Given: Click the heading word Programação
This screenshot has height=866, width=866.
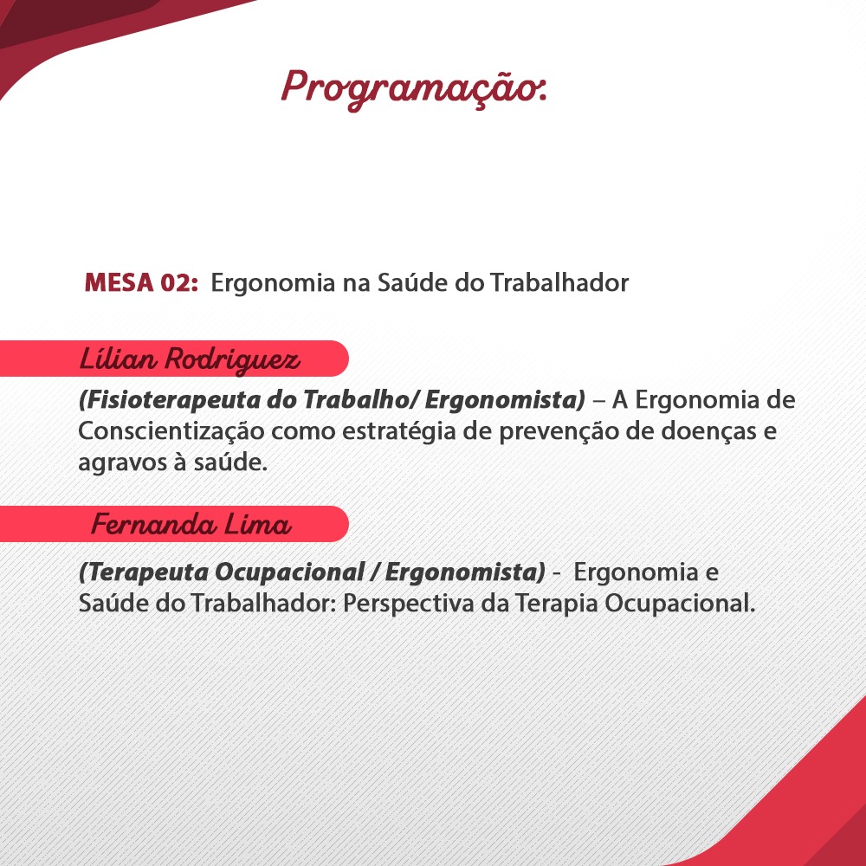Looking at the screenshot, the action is pos(414,88).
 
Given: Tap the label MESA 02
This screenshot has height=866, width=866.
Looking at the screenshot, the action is pos(141,282).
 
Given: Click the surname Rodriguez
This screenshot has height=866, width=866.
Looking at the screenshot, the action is pos(232,360).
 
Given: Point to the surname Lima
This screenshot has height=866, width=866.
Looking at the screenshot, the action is pos(257,524).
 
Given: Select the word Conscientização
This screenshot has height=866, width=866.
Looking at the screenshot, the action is pos(171,431).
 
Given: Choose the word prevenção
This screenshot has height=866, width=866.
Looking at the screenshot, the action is pos(559,431).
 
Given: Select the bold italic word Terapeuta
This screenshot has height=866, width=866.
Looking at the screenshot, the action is pos(144,572).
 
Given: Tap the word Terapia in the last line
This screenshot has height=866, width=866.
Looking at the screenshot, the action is pos(557,603).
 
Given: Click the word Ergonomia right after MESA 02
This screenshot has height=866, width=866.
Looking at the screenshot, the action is pos(274,283).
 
